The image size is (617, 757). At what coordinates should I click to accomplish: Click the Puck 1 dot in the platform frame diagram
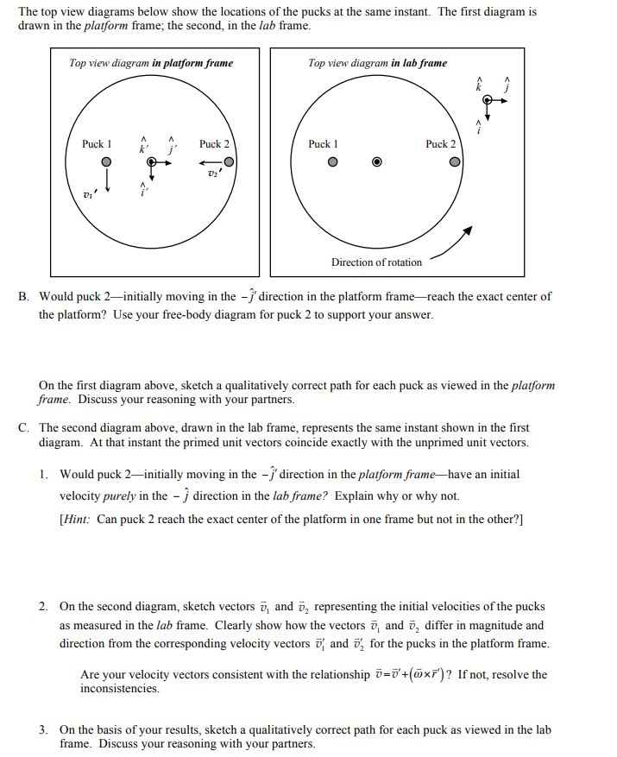[105, 161]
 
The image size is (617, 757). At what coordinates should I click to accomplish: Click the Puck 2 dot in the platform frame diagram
[229, 161]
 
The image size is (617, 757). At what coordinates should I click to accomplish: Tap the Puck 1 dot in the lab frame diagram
[331, 161]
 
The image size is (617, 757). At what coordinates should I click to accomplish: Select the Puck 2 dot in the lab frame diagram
[453, 161]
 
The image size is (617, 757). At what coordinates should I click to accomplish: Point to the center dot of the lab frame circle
[376, 161]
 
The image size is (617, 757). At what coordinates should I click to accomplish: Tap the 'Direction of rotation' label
[376, 262]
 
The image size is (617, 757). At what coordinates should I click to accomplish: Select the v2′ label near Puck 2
[213, 175]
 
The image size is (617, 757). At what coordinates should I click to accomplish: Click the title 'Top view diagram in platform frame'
[151, 63]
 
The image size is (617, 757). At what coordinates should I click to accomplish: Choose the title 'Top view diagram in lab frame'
[377, 63]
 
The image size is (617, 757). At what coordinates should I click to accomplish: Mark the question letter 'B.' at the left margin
[23, 296]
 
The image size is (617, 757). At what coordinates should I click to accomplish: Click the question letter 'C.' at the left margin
[23, 427]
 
